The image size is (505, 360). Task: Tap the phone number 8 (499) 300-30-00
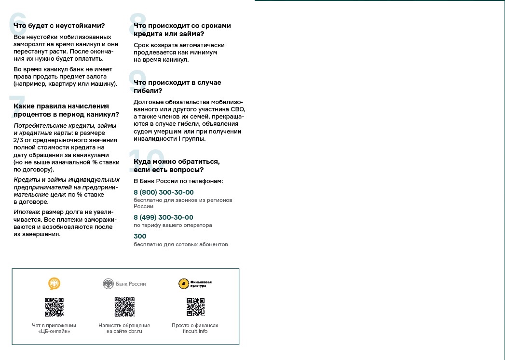point(164,217)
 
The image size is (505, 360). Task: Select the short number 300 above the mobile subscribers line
point(140,236)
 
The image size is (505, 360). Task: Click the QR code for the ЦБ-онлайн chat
point(54,307)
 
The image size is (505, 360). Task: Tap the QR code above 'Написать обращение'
point(124,307)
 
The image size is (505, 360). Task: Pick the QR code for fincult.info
point(195,307)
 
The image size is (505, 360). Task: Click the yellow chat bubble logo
point(54,283)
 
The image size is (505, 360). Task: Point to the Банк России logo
point(124,284)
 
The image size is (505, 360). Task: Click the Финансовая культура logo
point(195,284)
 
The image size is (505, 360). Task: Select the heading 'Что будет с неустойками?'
point(59,26)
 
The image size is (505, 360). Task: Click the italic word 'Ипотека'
point(26,212)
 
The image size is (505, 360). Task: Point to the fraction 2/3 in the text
point(19,140)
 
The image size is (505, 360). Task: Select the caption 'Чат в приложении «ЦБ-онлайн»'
point(54,328)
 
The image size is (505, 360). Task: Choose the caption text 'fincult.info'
point(195,332)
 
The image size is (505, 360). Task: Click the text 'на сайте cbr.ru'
point(124,332)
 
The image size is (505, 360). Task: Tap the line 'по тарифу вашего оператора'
point(173,225)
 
